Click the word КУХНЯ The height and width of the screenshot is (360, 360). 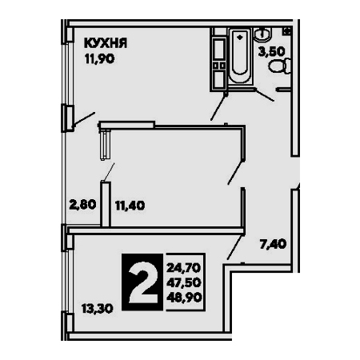coord(106,43)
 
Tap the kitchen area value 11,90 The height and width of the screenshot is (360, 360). coord(100,58)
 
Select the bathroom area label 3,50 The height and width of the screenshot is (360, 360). coord(272,51)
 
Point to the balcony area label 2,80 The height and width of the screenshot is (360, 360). coord(82,205)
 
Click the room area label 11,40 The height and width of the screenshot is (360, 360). coord(130,206)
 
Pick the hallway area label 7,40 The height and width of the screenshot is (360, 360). coord(274,244)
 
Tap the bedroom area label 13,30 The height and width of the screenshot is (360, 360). coord(98,309)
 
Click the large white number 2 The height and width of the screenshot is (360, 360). coord(142,282)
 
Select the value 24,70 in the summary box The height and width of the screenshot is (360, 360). coord(184,268)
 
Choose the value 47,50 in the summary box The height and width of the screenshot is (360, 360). coord(184,282)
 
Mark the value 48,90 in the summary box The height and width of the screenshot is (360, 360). coord(184,297)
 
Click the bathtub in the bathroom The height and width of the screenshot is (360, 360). coord(240,56)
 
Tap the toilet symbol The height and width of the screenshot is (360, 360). coord(279,66)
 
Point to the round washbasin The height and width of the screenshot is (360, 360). coord(262,34)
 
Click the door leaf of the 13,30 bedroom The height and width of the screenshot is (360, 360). coord(235,247)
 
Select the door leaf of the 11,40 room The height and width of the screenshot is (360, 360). coord(236,172)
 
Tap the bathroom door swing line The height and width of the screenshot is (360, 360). coord(264,95)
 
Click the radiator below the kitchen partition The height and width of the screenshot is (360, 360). coord(105,146)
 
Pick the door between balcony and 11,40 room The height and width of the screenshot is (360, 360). coord(108,173)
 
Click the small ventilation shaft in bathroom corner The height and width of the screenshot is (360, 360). coord(287,30)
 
